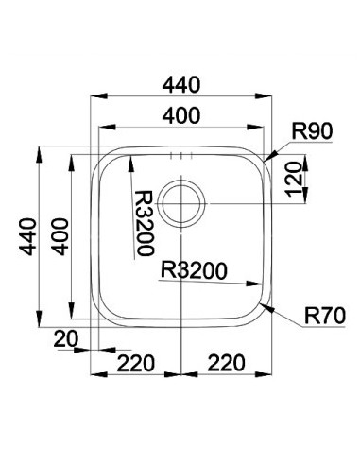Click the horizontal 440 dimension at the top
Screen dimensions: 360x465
click(181, 85)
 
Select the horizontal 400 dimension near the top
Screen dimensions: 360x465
click(181, 115)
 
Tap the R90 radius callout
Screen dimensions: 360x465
click(312, 131)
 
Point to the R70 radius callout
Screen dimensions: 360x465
click(325, 316)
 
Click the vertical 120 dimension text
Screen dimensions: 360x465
click(295, 180)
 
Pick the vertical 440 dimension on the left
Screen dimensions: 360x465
click(27, 236)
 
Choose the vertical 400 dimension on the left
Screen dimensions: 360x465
click(60, 236)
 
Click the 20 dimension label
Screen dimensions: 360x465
click(66, 339)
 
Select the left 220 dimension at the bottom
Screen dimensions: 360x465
click(136, 363)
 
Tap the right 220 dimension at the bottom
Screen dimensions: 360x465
click(226, 363)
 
